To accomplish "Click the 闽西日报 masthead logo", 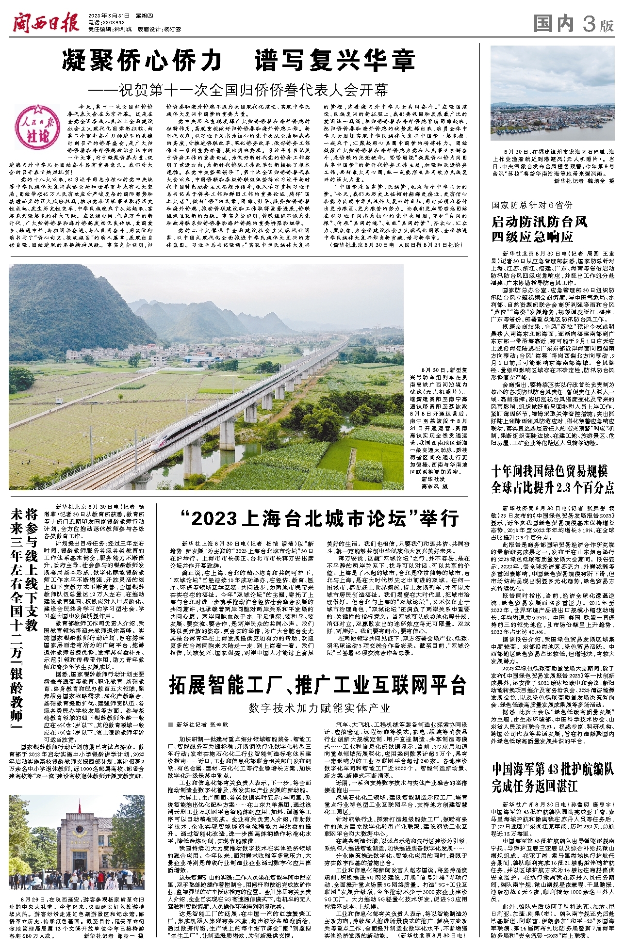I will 46,22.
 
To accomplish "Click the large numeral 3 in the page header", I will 589,23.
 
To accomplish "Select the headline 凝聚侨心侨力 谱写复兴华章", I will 238,61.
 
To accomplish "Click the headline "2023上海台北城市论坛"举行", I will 319,518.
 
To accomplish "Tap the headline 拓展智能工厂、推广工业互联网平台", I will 318,685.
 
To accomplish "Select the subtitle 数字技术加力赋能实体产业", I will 319,708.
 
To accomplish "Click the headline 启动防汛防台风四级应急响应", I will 539,229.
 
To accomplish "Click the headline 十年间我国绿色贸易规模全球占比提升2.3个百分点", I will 552,479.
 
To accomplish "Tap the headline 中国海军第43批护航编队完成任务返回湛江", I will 552,777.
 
